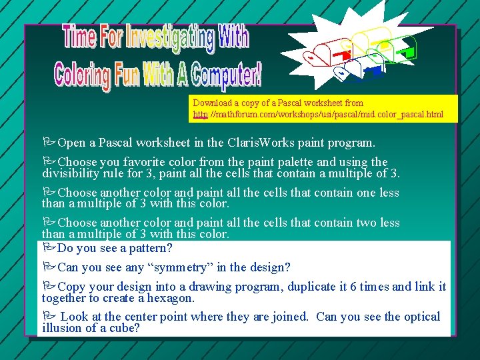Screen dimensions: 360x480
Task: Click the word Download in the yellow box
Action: click(212, 103)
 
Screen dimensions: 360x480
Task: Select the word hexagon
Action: click(169, 298)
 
